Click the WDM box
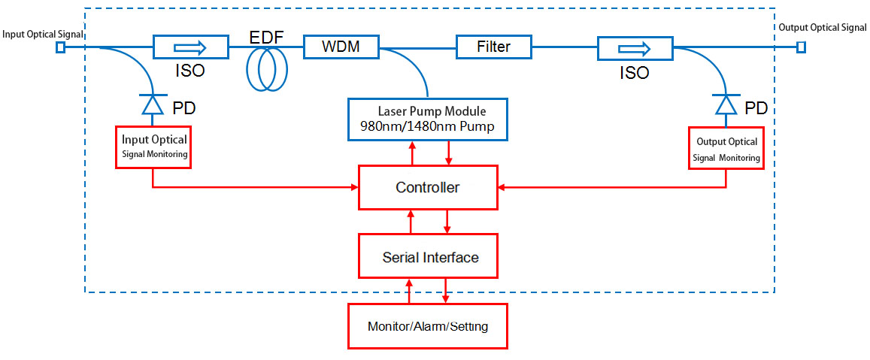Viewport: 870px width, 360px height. coord(341,47)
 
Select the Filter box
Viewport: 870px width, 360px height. coord(494,47)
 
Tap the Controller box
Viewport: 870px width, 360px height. coord(428,187)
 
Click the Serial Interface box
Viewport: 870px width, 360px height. coord(428,257)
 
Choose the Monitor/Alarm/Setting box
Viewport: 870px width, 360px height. coord(427,326)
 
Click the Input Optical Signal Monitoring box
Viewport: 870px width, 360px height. coord(154,147)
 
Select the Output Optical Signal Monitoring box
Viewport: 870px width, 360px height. coord(726,148)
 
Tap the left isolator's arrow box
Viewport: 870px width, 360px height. coord(190,47)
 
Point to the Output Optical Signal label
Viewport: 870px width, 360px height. coord(822,28)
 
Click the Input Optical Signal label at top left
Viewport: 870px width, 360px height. coord(42,35)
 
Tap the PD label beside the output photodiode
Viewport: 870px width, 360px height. coord(756,108)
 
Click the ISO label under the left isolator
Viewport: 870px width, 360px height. coord(189,72)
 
